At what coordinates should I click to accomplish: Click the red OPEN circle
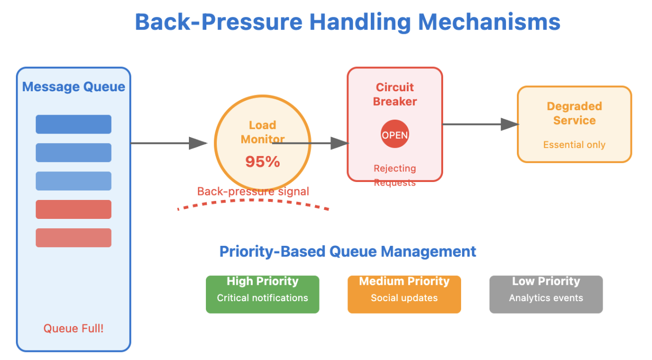[395, 135]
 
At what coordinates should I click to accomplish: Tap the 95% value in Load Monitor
[262, 162]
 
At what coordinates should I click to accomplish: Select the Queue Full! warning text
[73, 328]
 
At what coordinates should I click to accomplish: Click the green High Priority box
[262, 294]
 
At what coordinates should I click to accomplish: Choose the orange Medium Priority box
[404, 294]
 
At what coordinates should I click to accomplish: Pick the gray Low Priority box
[546, 294]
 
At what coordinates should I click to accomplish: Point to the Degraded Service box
[574, 124]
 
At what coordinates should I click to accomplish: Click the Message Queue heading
[74, 87]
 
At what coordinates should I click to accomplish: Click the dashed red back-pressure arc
[253, 201]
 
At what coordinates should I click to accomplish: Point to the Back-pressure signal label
[253, 191]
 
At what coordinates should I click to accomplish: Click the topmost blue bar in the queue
[73, 124]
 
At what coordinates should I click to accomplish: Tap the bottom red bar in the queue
[73, 238]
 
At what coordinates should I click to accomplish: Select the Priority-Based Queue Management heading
[348, 251]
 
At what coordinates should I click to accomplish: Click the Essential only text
[574, 145]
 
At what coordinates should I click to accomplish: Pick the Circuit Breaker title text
[395, 94]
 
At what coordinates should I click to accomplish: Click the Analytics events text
[546, 298]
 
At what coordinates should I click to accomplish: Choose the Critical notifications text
[262, 298]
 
